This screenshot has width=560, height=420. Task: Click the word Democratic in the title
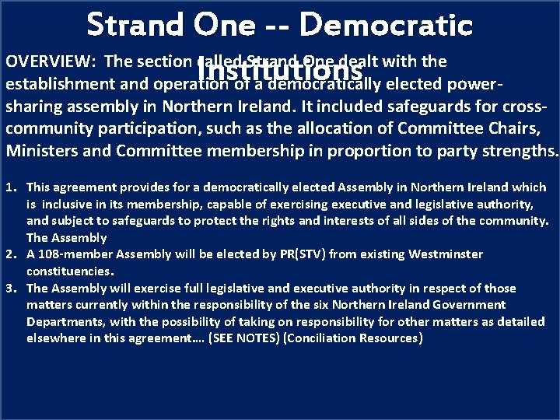tap(386, 25)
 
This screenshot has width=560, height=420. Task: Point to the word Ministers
tap(38, 150)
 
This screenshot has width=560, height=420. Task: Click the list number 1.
tap(11, 187)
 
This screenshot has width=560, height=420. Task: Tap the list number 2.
tap(11, 254)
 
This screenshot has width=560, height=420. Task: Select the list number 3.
tap(11, 288)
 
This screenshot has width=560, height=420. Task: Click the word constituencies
tap(70, 271)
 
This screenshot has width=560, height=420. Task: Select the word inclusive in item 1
tap(67, 204)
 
